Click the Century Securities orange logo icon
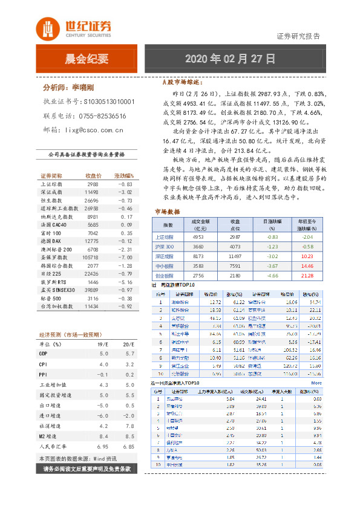47,28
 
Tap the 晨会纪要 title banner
87,59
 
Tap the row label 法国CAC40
54,224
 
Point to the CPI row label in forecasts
44,365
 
